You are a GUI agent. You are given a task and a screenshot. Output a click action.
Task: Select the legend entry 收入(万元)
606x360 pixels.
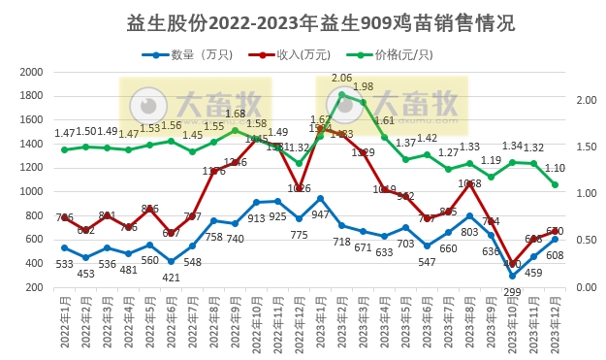[301, 55]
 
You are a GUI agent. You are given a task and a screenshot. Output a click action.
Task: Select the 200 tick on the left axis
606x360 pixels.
[33, 286]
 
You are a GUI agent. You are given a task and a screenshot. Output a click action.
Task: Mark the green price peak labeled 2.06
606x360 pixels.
[341, 94]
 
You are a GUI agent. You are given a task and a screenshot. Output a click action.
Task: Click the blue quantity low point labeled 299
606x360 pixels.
[513, 276]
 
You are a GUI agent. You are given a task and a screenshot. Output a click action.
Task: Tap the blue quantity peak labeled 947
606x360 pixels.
[320, 198]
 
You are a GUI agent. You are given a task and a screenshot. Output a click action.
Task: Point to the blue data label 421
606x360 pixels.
[172, 277]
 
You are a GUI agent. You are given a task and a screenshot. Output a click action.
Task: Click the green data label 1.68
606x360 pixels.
[236, 114]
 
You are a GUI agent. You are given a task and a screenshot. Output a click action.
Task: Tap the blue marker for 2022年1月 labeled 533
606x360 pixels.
[64, 247]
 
